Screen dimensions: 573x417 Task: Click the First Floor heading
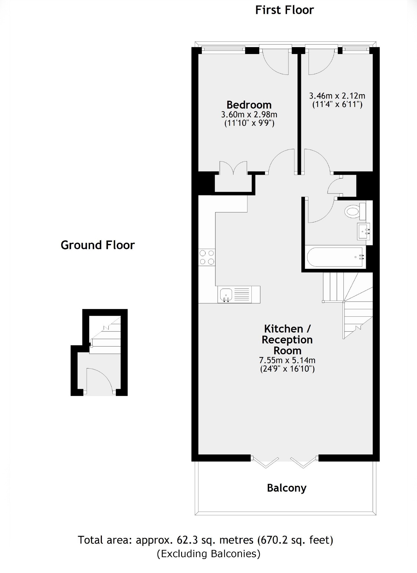(285, 10)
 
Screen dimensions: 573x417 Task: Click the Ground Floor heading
(98, 245)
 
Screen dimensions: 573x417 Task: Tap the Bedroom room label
(249, 105)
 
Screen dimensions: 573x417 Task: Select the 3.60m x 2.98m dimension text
(249, 115)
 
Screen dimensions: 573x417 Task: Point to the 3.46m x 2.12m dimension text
(337, 96)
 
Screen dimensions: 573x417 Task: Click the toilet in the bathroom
(352, 211)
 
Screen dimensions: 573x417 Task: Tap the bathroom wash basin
(364, 231)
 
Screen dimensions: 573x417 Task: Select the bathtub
(335, 257)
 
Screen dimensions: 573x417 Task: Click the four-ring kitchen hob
(207, 257)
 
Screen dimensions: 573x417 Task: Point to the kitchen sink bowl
(225, 294)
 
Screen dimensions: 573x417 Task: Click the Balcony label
(287, 488)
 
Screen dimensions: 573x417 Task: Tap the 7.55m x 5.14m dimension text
(287, 360)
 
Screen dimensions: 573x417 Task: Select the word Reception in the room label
(287, 340)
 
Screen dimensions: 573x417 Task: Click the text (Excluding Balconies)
(209, 554)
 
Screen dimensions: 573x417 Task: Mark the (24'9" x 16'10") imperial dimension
(287, 369)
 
